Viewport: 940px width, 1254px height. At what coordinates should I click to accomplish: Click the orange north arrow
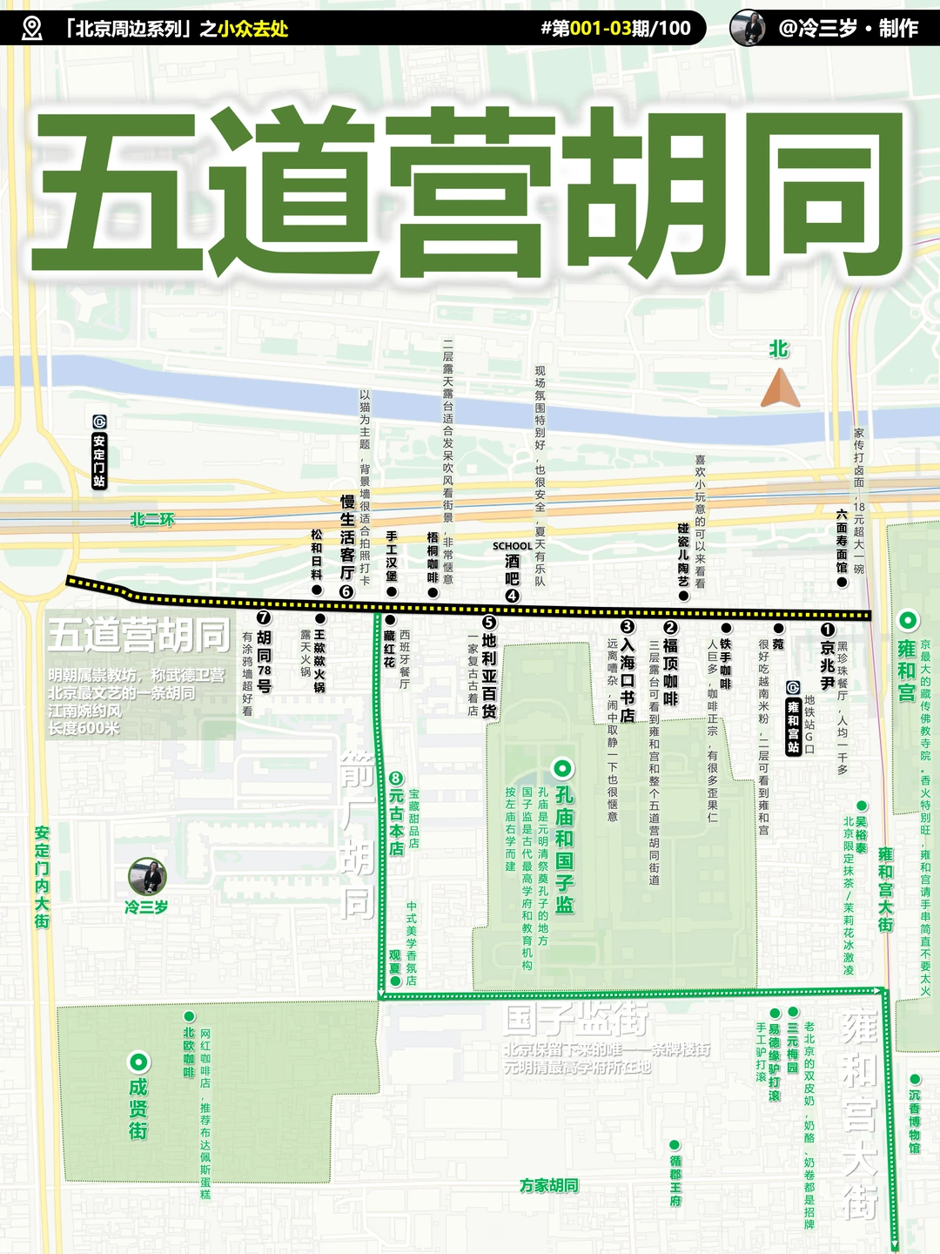pos(780,388)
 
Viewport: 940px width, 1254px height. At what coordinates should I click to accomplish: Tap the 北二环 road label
pos(152,520)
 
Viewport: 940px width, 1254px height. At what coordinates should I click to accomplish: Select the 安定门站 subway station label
pos(99,452)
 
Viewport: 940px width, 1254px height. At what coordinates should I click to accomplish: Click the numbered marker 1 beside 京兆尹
pos(828,629)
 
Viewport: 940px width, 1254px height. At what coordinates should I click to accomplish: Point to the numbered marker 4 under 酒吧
pos(513,596)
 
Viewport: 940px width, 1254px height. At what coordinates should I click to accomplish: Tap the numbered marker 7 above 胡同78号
pos(264,617)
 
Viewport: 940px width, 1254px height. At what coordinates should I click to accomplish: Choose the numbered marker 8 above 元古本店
pos(396,778)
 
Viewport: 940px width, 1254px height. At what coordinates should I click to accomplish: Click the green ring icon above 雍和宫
pos(908,620)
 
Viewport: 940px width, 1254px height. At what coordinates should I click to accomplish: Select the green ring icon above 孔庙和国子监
pos(563,768)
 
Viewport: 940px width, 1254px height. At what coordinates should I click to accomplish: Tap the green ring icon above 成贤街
pos(138,1062)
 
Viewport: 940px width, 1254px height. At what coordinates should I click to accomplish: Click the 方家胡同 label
pos(548,1185)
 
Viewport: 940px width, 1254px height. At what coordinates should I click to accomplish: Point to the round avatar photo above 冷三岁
pos(147,876)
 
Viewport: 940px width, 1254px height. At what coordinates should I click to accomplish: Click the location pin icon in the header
pos(31,28)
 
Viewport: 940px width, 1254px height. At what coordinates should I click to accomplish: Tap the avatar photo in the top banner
pos(748,28)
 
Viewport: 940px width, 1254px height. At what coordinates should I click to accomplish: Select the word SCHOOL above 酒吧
pos(512,546)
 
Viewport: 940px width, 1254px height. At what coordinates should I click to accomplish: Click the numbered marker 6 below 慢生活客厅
pos(346,592)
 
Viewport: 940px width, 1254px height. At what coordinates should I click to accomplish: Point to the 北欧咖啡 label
pos(189,1052)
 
